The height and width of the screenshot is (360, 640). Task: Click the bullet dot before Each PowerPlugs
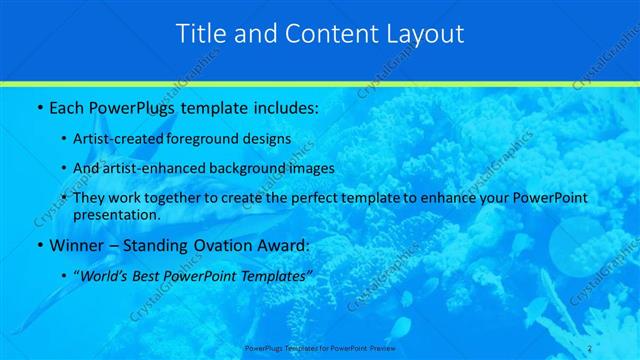click(x=38, y=107)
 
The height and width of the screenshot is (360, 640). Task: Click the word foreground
click(x=215, y=139)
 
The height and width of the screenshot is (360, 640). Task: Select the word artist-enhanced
click(x=161, y=168)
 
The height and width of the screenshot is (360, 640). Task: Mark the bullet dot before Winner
click(x=38, y=245)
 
